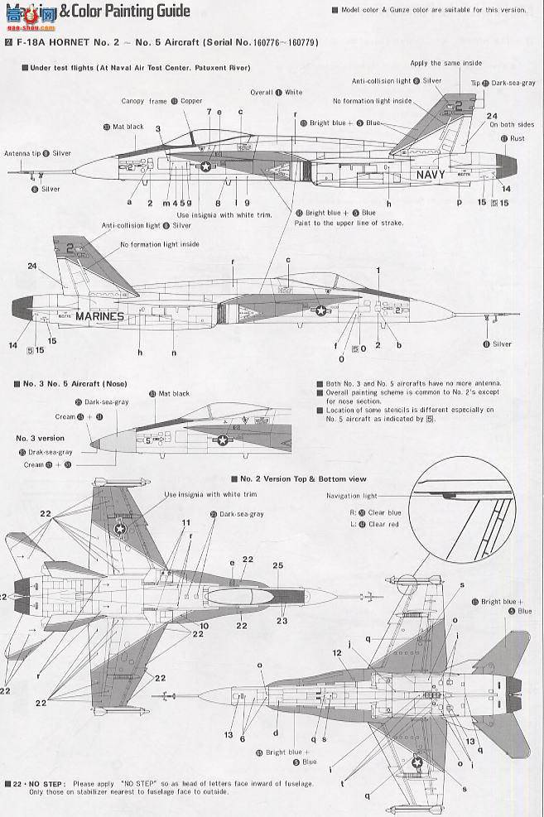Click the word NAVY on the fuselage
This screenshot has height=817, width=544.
click(431, 175)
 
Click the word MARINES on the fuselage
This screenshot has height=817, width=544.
click(100, 315)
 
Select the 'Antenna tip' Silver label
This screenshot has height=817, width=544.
click(37, 153)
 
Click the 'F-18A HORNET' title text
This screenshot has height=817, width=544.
click(54, 41)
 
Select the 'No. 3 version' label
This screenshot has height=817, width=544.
click(39, 438)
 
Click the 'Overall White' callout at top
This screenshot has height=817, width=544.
click(277, 93)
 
